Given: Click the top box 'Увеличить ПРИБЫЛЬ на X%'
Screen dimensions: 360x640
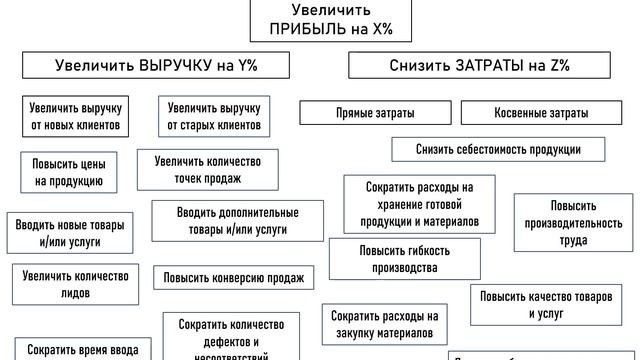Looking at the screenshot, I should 321,18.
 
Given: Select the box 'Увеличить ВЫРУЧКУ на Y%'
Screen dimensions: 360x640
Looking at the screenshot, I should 157,66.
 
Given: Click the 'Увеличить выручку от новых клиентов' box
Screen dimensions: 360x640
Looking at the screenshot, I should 75,116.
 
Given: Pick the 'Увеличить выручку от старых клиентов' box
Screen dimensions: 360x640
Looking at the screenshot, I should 214,116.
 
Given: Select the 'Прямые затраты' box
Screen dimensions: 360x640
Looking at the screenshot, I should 375,113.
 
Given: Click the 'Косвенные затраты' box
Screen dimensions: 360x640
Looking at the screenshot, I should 539,113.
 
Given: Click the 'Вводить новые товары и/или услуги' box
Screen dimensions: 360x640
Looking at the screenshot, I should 70,233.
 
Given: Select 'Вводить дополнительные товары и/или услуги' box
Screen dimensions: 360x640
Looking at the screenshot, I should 238,221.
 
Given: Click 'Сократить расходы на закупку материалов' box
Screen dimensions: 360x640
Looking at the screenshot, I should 384,324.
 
